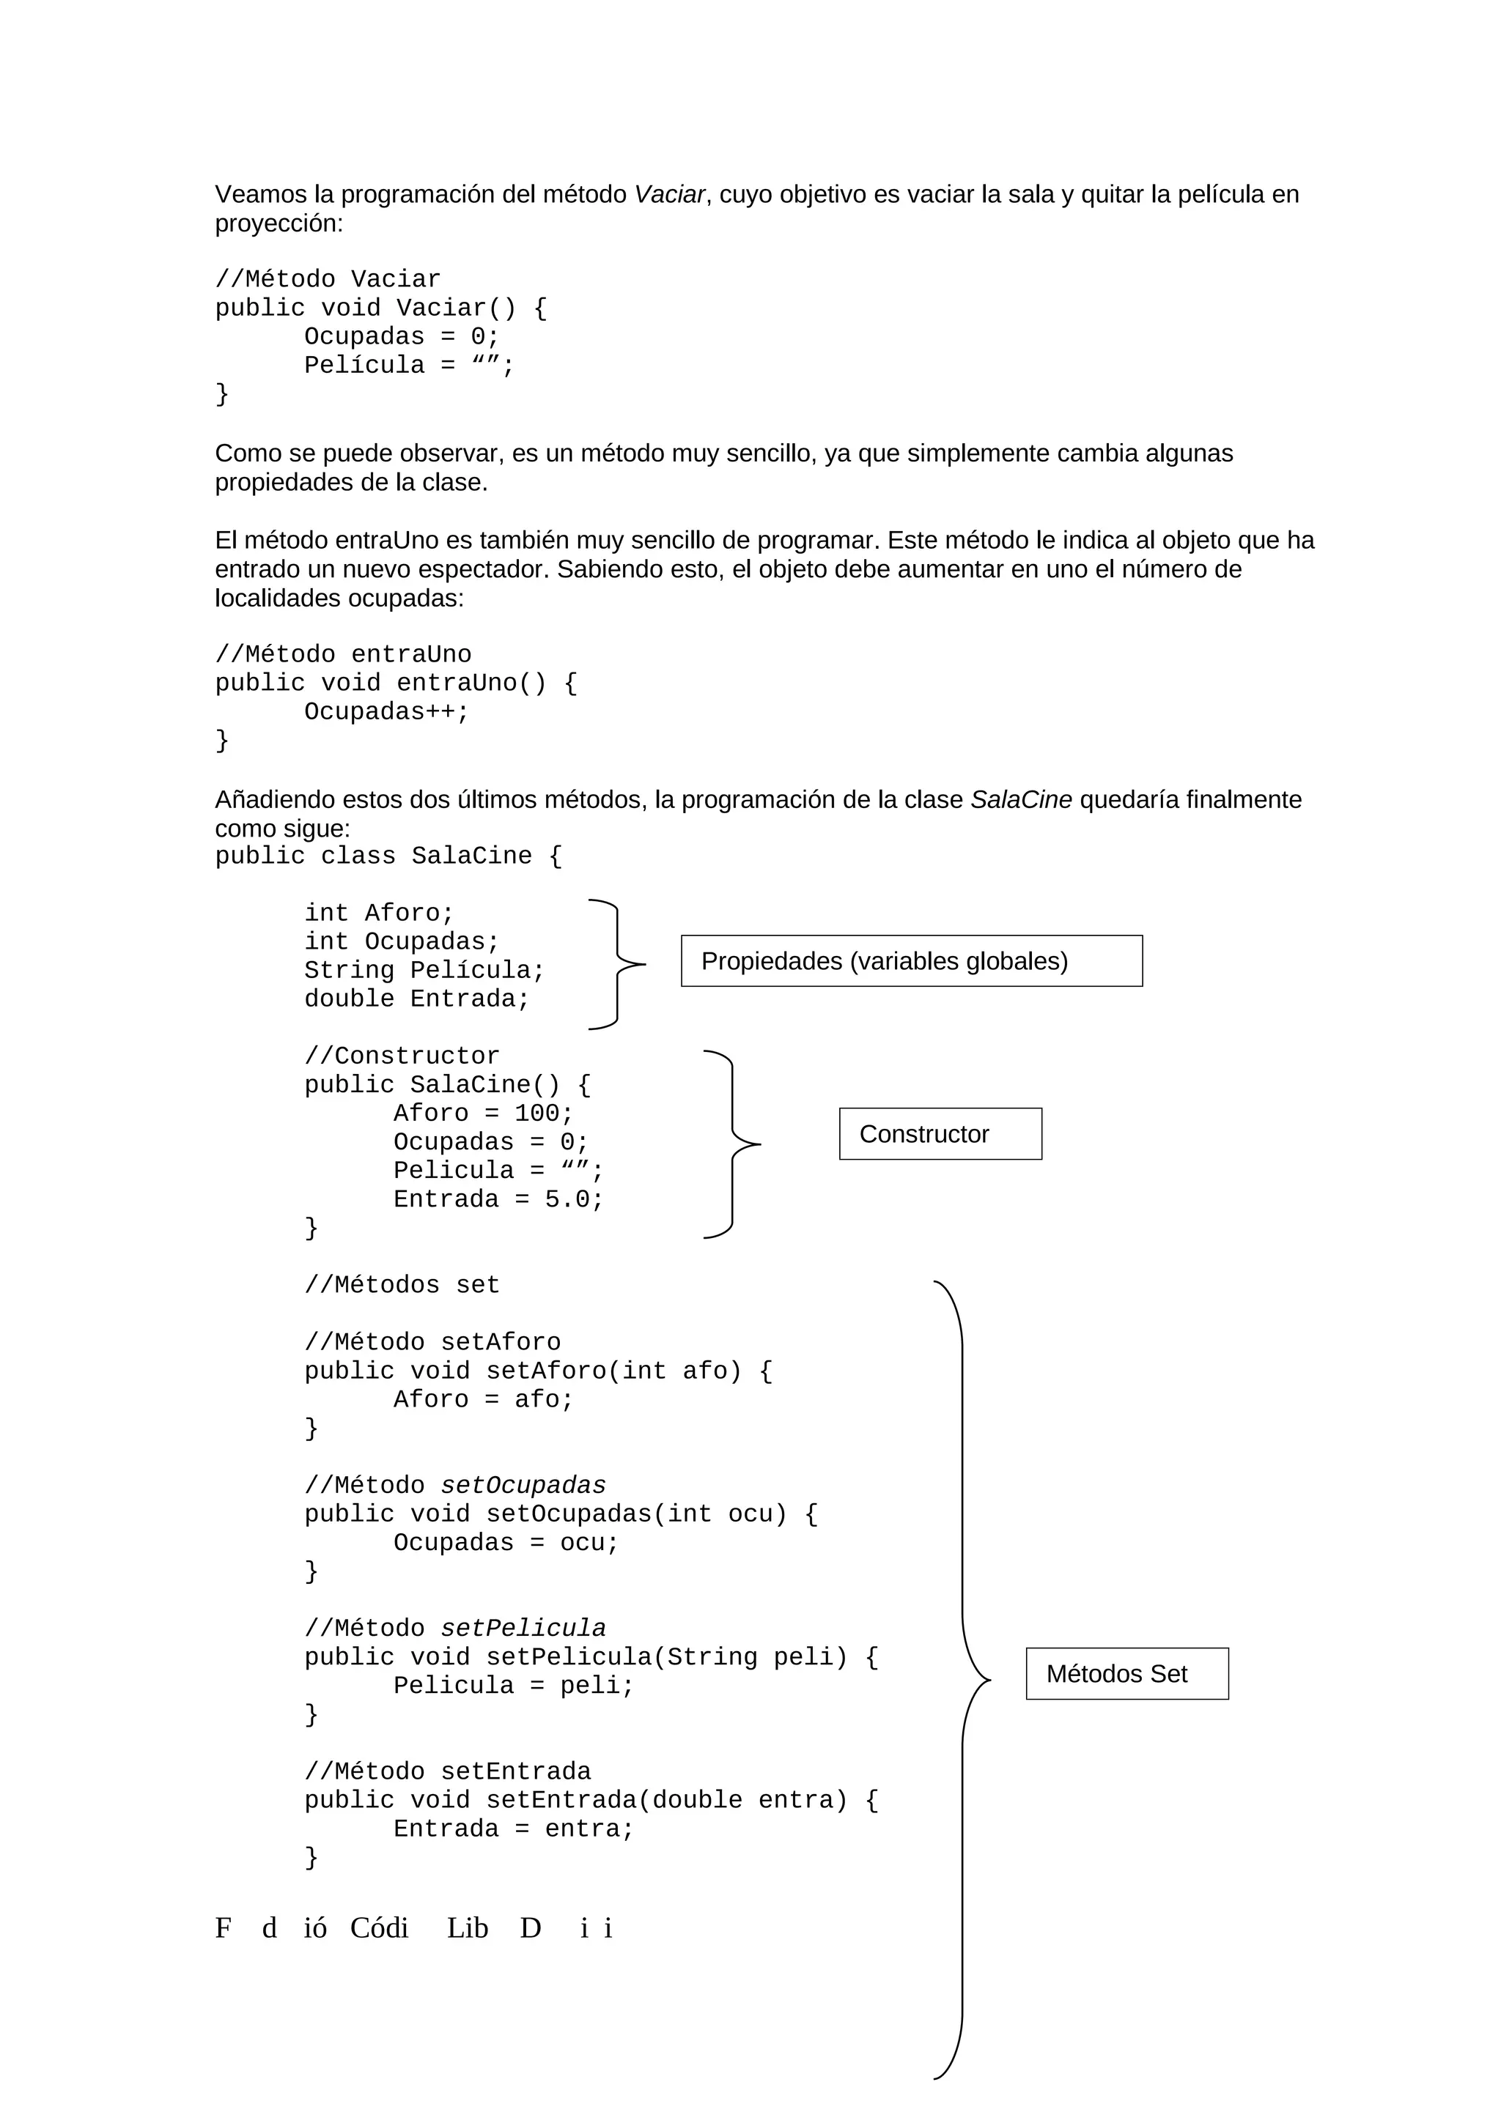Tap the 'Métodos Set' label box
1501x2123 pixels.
coord(1126,1674)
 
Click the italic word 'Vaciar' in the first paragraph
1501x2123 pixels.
coord(668,194)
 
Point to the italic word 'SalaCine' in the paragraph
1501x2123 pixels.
coord(1020,800)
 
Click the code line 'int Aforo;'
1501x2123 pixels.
coord(379,913)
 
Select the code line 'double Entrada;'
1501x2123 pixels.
coord(416,998)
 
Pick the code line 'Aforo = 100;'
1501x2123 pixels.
coord(483,1114)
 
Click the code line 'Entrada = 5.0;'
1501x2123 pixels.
coord(498,1199)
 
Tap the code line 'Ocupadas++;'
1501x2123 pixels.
coord(386,712)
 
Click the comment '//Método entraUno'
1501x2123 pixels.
coord(343,655)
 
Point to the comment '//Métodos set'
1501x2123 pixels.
coord(402,1285)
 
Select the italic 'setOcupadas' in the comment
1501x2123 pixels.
coord(523,1486)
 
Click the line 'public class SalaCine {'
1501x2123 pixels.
coord(388,856)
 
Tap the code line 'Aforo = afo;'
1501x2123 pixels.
coord(483,1400)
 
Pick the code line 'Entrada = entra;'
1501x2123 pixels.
coord(513,1830)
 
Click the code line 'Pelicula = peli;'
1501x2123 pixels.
coord(513,1686)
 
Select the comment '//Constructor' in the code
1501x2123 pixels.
coord(402,1056)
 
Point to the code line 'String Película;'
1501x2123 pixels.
coord(424,970)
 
